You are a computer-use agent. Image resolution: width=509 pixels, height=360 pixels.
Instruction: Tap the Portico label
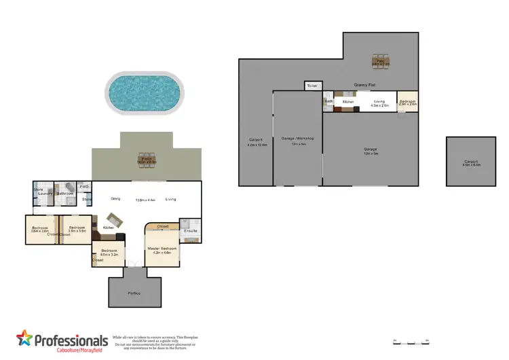click(136, 293)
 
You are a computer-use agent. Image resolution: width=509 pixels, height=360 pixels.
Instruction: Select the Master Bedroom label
click(162, 249)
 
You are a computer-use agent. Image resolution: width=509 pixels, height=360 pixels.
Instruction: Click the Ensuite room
click(190, 231)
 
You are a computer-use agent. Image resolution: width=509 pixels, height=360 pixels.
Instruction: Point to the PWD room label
click(85, 186)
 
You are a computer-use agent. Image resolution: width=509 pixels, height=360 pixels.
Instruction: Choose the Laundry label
click(45, 194)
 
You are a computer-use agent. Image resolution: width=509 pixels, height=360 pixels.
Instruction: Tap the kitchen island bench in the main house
click(114, 219)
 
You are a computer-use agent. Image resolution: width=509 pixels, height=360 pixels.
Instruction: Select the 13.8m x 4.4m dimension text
click(145, 200)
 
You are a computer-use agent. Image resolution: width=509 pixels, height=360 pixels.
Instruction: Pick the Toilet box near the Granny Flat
click(312, 86)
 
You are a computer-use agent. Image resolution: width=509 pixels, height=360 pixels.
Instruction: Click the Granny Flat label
click(365, 85)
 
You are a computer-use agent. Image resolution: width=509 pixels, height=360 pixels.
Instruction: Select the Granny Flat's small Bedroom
click(407, 103)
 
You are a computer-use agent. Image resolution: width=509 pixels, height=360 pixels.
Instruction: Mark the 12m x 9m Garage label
click(370, 150)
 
